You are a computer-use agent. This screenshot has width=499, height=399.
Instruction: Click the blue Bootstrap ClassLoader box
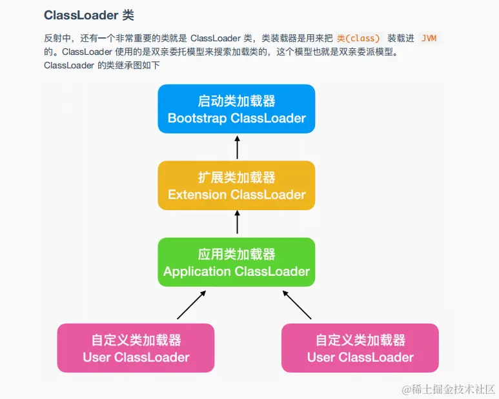pos(236,109)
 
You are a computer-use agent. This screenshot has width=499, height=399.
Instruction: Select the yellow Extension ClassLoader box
pos(236,186)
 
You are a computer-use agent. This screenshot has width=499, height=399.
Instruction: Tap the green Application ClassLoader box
pos(236,262)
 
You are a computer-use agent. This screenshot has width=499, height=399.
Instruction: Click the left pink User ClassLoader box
pos(136,348)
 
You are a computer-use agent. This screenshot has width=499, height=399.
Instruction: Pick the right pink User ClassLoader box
pos(360,348)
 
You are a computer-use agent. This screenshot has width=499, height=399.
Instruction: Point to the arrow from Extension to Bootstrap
pos(237,147)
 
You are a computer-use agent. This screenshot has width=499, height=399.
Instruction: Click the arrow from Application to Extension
pos(237,224)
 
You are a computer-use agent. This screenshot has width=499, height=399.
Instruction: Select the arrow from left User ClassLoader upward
pos(191,305)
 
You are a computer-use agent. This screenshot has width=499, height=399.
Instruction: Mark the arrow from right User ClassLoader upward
pos(297,305)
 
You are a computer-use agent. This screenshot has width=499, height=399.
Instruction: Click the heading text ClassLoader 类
pos(90,14)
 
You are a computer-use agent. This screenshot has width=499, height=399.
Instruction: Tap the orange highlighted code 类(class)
pos(359,38)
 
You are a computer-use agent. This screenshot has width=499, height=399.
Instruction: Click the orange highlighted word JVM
pos(429,38)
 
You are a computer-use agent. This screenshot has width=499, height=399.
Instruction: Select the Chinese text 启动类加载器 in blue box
pos(236,101)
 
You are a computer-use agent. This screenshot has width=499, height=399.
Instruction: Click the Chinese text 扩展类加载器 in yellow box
pos(236,177)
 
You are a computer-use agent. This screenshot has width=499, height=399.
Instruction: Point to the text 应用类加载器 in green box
pos(236,254)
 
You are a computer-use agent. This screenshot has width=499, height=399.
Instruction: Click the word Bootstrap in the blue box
pos(197,118)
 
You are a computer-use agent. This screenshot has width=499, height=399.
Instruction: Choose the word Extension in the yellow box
pos(197,195)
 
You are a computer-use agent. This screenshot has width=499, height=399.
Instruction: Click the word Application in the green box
pos(197,271)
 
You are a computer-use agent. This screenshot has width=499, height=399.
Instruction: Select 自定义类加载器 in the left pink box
pos(136,340)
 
